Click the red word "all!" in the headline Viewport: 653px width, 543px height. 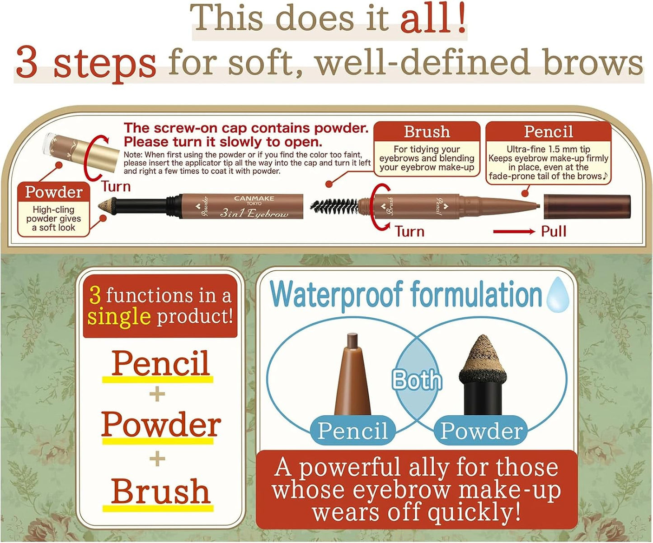coord(433,19)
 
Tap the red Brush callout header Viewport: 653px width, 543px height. coord(427,131)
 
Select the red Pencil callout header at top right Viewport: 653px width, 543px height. coord(548,131)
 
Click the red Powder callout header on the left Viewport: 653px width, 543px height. coord(54,192)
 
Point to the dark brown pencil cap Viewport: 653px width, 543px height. coord(587,206)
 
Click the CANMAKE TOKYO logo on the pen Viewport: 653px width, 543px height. coord(254,200)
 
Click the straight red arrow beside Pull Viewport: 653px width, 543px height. coord(513,232)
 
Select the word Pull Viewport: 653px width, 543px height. coord(553,232)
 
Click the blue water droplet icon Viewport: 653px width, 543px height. coord(558,295)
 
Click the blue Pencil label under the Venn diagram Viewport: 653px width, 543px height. coord(352,430)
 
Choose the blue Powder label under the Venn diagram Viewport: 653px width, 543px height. coord(481,430)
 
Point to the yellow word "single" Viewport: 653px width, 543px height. coord(119,316)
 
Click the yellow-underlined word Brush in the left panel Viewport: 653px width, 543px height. coord(160,491)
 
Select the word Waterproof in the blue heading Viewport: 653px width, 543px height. coord(337,295)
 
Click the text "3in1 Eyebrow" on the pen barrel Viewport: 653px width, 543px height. coord(254,213)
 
